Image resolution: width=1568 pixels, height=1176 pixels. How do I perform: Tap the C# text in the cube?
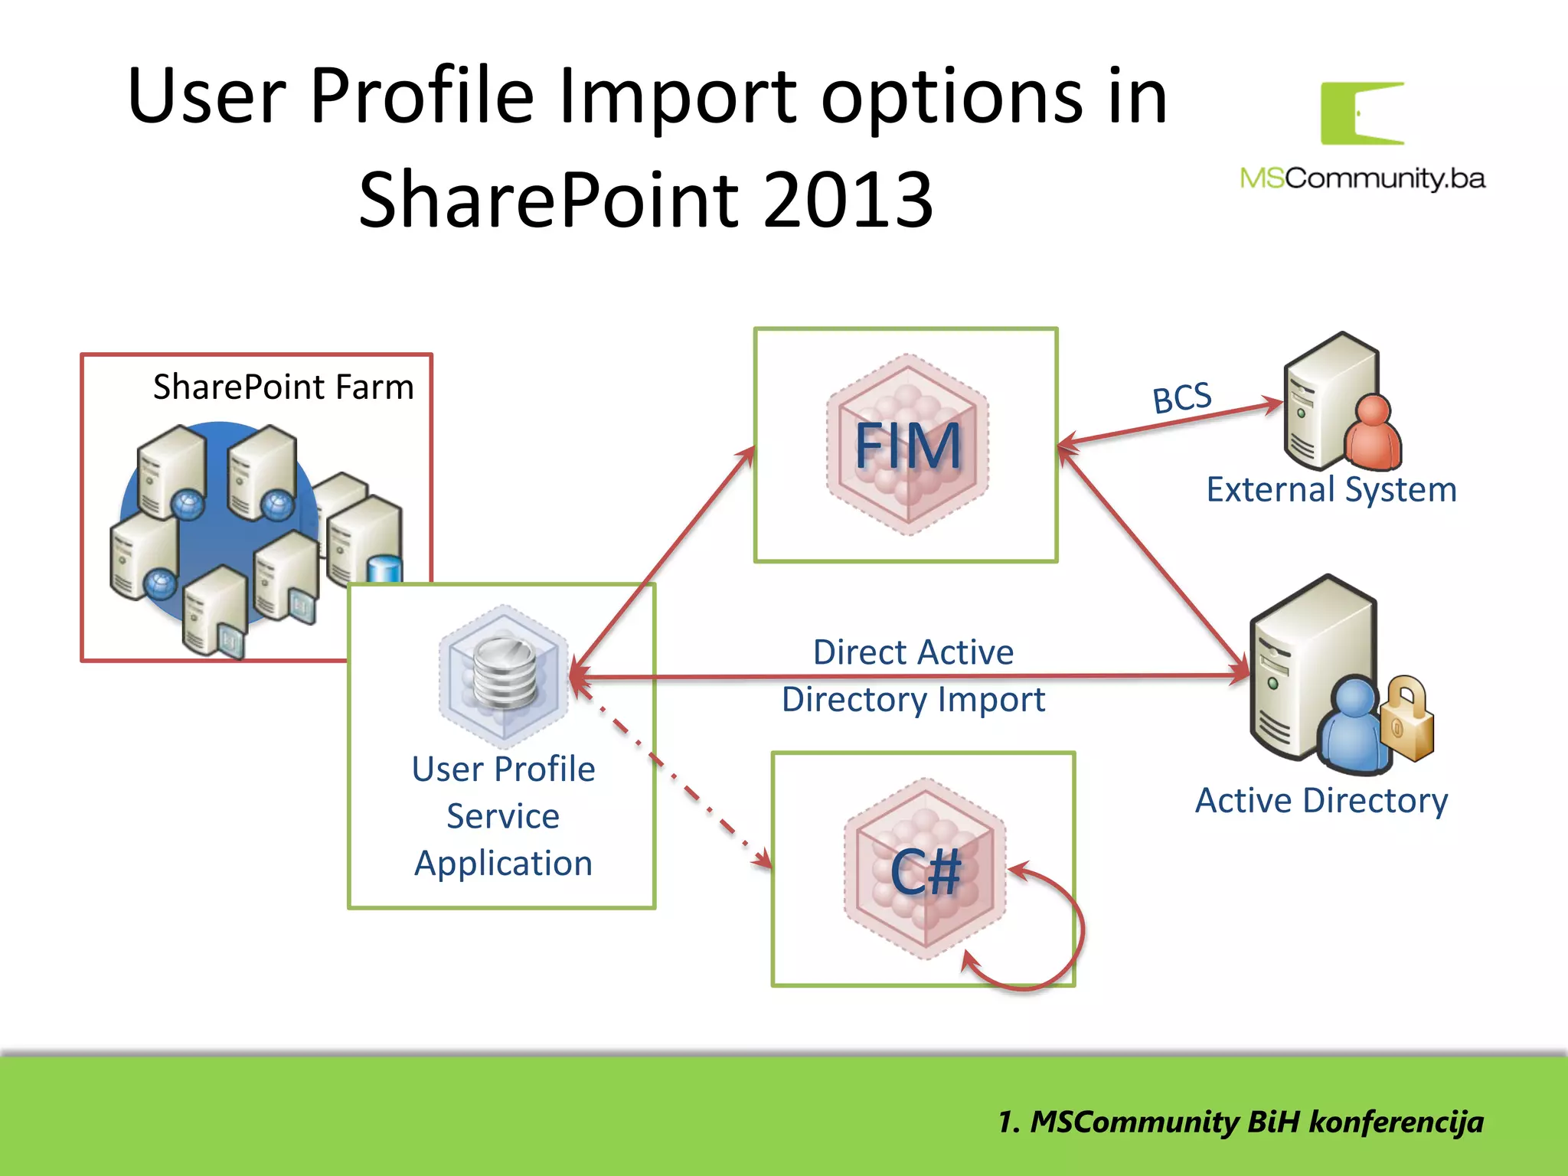pos(925,873)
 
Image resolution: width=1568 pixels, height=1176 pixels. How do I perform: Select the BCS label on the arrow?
pos(1182,398)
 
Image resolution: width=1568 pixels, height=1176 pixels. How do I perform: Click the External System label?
pos(1331,490)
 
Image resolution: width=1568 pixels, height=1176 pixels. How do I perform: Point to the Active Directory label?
pos(1321,801)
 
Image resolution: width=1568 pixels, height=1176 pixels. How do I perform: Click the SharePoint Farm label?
pos(283,387)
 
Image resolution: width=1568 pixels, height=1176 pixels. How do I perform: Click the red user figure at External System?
pos(1374,435)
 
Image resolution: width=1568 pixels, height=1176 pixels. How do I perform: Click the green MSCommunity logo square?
pos(1362,113)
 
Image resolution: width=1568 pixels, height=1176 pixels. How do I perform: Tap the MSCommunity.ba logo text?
pos(1362,179)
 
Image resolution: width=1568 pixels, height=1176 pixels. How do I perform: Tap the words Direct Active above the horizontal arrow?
pos(913,653)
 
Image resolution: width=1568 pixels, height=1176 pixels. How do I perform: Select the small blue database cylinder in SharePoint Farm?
pos(384,570)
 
